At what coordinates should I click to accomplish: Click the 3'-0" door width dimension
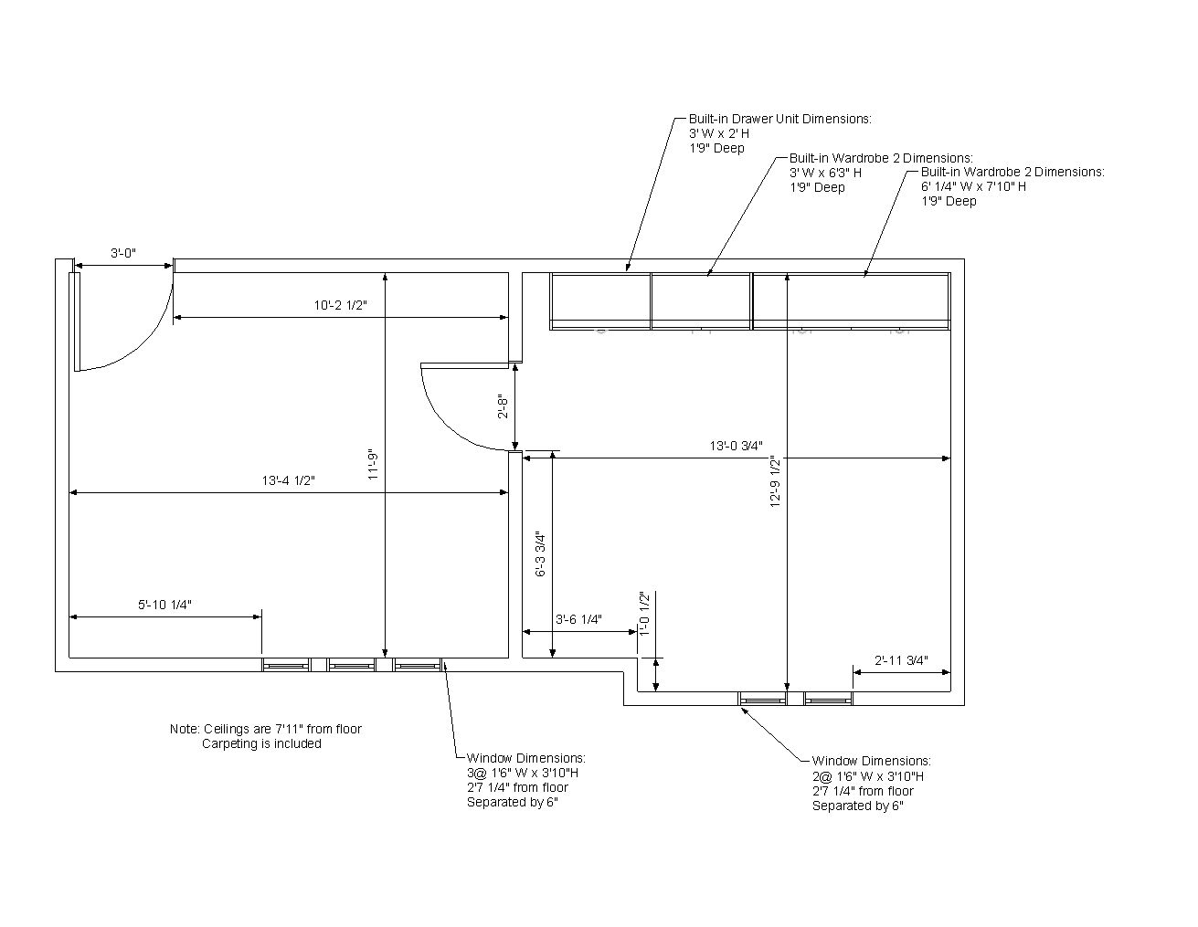pyautogui.click(x=123, y=253)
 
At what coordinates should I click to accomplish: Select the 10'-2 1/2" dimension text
pyautogui.click(x=340, y=305)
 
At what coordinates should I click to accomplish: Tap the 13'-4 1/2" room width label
pyautogui.click(x=288, y=480)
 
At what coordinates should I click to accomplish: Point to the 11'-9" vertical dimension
pyautogui.click(x=373, y=466)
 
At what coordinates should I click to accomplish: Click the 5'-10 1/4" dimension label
pyautogui.click(x=164, y=605)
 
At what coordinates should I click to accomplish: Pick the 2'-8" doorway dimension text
pyautogui.click(x=503, y=406)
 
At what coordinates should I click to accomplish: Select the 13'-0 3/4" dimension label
pyautogui.click(x=736, y=446)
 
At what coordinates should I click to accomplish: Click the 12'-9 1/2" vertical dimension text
pyautogui.click(x=775, y=480)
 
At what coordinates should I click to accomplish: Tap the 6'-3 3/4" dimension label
pyautogui.click(x=540, y=554)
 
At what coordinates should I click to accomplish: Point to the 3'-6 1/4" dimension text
pyautogui.click(x=578, y=619)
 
